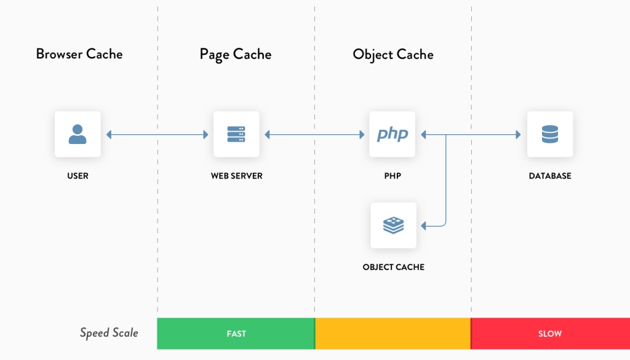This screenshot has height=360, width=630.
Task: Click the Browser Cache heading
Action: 79,54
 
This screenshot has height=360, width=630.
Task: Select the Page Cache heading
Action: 235,54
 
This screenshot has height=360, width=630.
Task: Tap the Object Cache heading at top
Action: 393,54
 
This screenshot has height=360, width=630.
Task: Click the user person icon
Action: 78,134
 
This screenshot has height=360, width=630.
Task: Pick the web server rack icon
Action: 236,134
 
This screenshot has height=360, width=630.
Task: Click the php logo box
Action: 393,134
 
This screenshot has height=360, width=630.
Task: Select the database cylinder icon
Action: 550,134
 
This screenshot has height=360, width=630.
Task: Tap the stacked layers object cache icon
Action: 393,225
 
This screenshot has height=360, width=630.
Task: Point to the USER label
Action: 78,176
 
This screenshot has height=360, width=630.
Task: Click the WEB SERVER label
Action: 236,176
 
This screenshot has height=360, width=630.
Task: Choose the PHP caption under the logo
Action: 393,176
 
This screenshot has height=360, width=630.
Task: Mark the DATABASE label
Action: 550,176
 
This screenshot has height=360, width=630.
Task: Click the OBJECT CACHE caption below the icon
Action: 393,267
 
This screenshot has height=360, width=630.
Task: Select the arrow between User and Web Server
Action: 157,134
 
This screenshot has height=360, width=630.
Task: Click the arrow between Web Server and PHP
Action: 314,134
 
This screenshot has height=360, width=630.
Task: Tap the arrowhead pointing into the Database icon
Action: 518,134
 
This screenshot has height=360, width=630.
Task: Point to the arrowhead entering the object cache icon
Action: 423,226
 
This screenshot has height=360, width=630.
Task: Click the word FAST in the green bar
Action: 236,334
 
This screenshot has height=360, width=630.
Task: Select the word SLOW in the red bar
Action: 550,334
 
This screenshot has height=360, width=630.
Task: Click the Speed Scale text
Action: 109,333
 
